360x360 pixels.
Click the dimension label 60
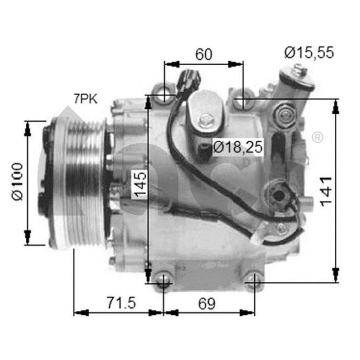click(203, 54)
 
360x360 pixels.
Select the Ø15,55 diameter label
click(309, 52)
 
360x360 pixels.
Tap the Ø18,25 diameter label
click(237, 147)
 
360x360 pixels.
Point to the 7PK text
click(85, 99)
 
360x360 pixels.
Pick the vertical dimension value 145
click(139, 184)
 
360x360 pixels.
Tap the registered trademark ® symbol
click(317, 137)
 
